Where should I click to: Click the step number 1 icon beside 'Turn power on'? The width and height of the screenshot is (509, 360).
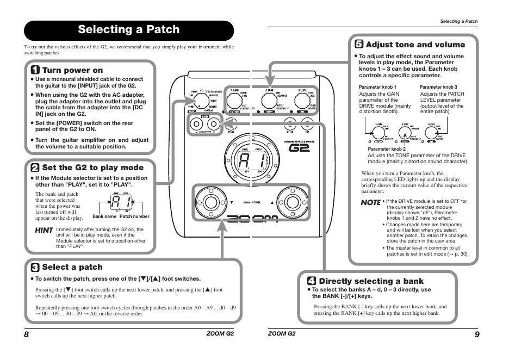pos(35,70)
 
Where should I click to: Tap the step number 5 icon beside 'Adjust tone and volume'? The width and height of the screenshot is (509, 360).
pos(359,45)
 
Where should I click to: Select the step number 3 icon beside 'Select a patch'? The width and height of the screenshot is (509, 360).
pos(35,267)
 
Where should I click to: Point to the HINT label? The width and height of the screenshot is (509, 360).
pos(44,231)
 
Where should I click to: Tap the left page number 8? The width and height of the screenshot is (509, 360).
pos(26,334)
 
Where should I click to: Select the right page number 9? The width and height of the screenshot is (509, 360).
pos(477,334)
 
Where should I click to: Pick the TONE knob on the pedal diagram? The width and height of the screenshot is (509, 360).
pos(268,101)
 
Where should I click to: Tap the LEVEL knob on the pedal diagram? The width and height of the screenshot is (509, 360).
pos(301,101)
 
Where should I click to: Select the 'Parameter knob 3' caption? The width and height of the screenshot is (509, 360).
pos(438,87)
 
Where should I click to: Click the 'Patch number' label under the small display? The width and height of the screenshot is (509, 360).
pos(134,216)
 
